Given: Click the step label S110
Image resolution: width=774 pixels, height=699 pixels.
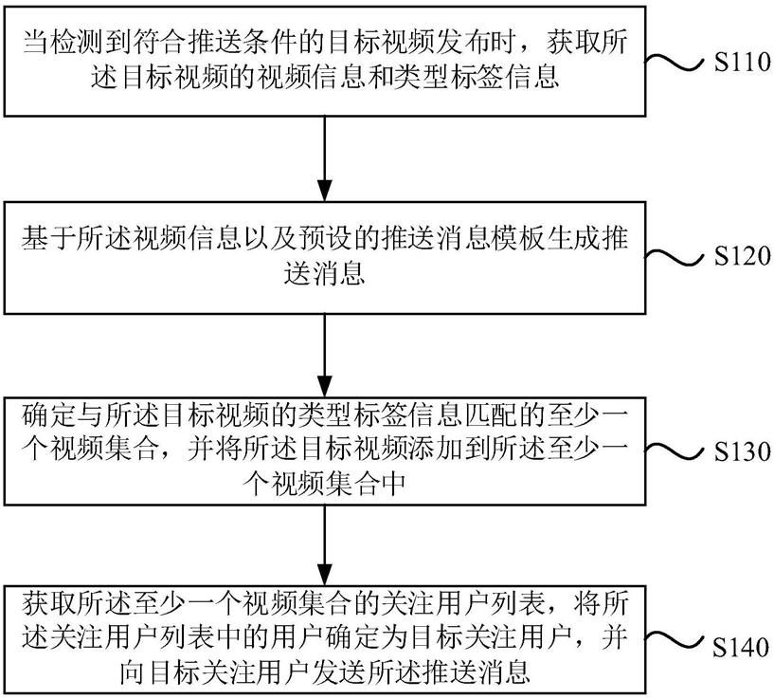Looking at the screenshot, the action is click(743, 63).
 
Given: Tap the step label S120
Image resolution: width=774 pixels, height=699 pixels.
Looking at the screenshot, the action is click(743, 257).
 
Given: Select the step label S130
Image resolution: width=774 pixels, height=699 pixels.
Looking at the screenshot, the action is click(743, 451).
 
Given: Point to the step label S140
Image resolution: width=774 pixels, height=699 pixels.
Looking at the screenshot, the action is click(743, 647).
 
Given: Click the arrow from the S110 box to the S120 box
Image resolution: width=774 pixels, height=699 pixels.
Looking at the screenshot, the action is click(324, 158).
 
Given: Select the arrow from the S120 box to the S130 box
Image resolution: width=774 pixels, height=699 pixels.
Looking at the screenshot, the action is click(324, 355).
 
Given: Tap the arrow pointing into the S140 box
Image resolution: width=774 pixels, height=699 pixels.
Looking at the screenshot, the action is click(324, 545).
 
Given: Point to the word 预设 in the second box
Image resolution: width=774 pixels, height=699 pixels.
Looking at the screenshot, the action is click(324, 239).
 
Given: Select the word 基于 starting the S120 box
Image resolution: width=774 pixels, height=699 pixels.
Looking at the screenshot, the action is click(48, 239).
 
